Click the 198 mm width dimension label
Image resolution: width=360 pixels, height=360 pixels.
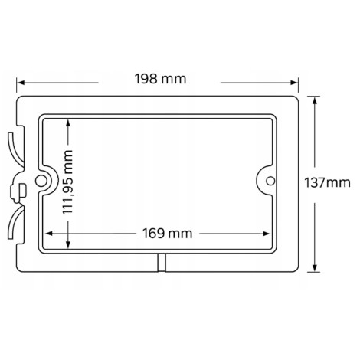coord(160,79)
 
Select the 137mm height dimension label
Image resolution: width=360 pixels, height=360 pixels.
coord(327,183)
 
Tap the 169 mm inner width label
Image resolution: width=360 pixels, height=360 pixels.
coord(167,234)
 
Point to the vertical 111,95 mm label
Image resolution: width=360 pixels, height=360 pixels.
coord(68,182)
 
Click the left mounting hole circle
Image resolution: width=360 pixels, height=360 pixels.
coord(41,182)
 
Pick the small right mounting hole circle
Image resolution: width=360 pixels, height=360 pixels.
coord(270,181)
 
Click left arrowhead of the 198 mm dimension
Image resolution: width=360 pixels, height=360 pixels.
coord(20,83)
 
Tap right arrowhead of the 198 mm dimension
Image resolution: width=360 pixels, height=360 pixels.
coord(294,83)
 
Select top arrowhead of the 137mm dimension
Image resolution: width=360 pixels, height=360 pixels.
coord(315,100)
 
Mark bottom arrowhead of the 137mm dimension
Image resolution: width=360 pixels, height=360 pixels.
coord(315,268)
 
